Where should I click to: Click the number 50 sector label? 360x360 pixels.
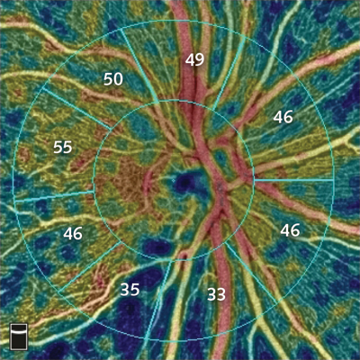112,79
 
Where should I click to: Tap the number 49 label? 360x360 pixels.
194,60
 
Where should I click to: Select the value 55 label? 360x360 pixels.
62,146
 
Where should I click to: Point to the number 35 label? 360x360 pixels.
130,289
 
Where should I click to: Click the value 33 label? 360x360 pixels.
216,293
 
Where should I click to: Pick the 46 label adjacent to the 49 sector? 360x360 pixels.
283,116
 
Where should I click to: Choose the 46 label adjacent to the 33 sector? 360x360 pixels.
289,230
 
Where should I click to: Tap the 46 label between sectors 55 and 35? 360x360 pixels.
73,233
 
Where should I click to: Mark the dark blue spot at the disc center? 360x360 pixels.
187,183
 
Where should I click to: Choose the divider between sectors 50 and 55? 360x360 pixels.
68,103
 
